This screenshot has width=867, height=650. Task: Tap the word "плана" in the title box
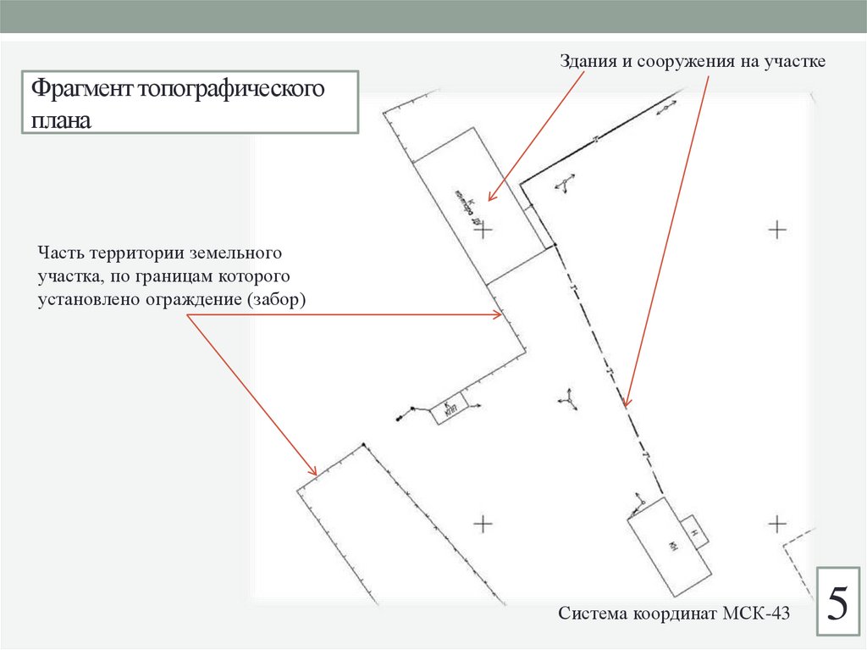point(61,118)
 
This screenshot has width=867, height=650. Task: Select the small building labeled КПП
point(449,411)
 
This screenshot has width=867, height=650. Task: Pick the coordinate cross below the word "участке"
point(776,229)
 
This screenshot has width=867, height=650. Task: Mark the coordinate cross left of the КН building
point(483,524)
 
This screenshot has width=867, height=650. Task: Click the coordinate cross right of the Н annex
point(776,524)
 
